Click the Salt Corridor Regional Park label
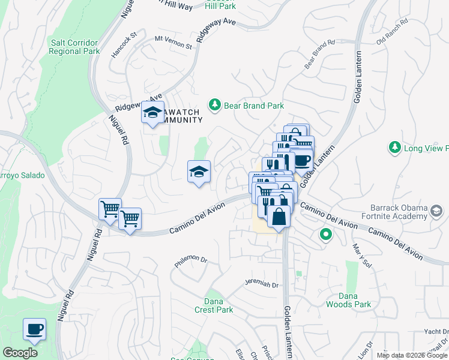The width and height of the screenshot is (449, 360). (75, 46)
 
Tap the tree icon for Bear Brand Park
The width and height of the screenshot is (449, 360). (215, 106)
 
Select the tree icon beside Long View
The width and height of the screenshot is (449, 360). (394, 147)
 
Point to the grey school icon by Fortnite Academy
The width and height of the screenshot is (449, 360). (436, 211)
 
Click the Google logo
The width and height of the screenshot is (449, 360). (20, 352)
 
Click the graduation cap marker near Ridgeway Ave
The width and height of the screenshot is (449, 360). (153, 112)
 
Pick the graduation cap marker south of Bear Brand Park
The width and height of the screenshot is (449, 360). (199, 172)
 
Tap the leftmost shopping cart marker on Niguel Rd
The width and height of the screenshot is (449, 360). (110, 209)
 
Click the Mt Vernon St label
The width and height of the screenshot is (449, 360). (173, 42)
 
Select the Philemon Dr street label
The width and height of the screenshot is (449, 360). (190, 261)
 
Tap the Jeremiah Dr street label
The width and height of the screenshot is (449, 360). (263, 283)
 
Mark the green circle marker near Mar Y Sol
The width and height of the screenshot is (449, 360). (326, 234)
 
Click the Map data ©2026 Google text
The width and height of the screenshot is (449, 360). (411, 355)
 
